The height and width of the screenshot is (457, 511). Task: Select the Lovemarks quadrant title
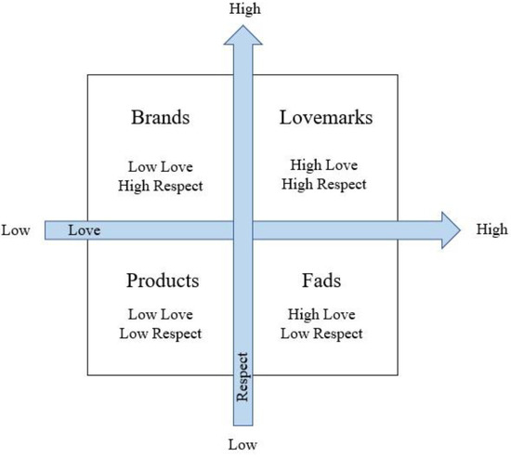325,119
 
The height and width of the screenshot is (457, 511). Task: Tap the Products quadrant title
162,281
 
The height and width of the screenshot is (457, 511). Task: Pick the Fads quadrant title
325,281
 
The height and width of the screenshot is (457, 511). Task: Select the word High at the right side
491,228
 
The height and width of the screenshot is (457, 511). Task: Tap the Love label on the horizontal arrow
84,229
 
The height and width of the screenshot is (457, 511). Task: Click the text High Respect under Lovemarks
325,185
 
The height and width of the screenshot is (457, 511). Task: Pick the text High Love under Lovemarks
325,166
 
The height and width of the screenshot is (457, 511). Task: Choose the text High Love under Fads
325,316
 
